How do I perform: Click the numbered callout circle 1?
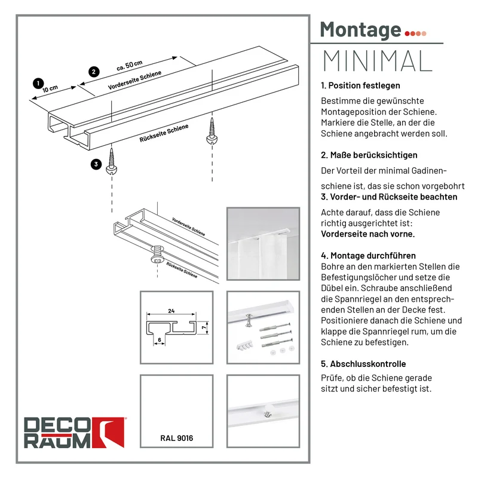click(x=38, y=83)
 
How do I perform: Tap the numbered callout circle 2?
click(x=94, y=72)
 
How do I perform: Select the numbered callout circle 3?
click(x=96, y=164)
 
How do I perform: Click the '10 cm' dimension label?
click(x=50, y=88)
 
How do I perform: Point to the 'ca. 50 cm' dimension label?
click(x=130, y=65)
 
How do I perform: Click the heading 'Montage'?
click(x=361, y=30)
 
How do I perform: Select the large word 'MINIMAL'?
click(x=378, y=61)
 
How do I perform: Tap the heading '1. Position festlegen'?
click(x=360, y=85)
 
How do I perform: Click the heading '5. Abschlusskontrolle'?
click(x=363, y=364)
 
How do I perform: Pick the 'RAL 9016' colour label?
click(x=177, y=438)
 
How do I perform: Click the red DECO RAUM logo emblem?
click(x=109, y=432)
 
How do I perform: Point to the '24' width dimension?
click(x=171, y=311)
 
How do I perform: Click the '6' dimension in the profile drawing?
click(x=160, y=340)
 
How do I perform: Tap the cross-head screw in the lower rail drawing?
click(x=158, y=255)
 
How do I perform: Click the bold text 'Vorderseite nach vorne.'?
click(x=368, y=234)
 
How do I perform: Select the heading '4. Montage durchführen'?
click(x=368, y=256)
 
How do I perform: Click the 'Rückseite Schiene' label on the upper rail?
click(x=164, y=133)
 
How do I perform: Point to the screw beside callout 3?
click(x=112, y=161)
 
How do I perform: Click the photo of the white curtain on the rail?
click(x=263, y=244)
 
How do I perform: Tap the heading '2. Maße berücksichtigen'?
click(x=369, y=155)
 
